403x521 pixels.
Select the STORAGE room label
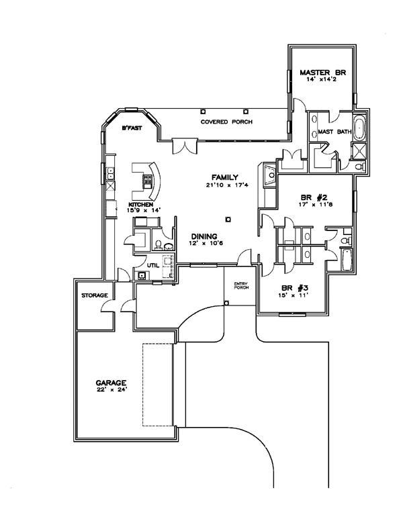point(95,295)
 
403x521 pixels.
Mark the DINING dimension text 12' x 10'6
point(204,244)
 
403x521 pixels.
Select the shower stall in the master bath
point(359,150)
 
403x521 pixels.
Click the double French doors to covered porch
point(183,146)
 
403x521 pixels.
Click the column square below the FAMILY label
point(229,218)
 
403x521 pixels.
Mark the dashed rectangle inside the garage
point(158,384)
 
